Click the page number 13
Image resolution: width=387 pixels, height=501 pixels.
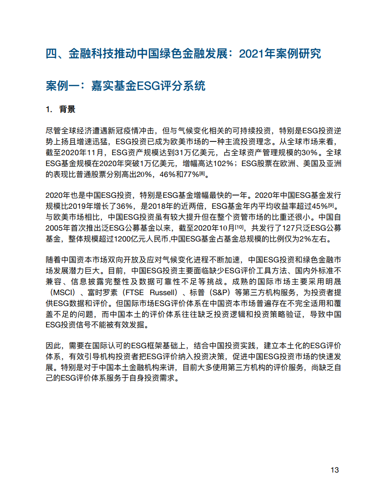point(334,470)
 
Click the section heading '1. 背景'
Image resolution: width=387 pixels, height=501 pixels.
point(60,109)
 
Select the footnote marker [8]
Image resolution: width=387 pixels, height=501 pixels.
point(202,173)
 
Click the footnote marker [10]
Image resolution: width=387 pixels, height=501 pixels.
point(235,225)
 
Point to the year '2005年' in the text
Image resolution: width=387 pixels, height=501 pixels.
point(58,228)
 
